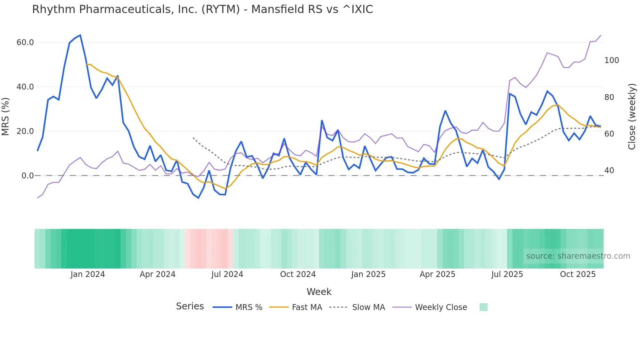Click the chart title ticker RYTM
point(221,9)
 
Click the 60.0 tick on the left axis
point(25,42)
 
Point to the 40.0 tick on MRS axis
point(25,87)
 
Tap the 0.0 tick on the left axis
point(27,176)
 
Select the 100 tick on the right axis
point(612,60)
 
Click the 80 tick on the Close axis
point(609,97)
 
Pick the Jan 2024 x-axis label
point(88,274)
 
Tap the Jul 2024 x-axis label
point(227,274)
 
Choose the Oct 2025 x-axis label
point(578,274)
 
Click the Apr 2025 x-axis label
point(437,274)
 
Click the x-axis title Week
point(319,292)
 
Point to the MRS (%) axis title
point(6,116)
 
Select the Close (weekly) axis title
point(632,116)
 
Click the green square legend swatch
point(483,307)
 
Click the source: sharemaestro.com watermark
point(578,256)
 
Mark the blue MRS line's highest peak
point(80,35)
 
